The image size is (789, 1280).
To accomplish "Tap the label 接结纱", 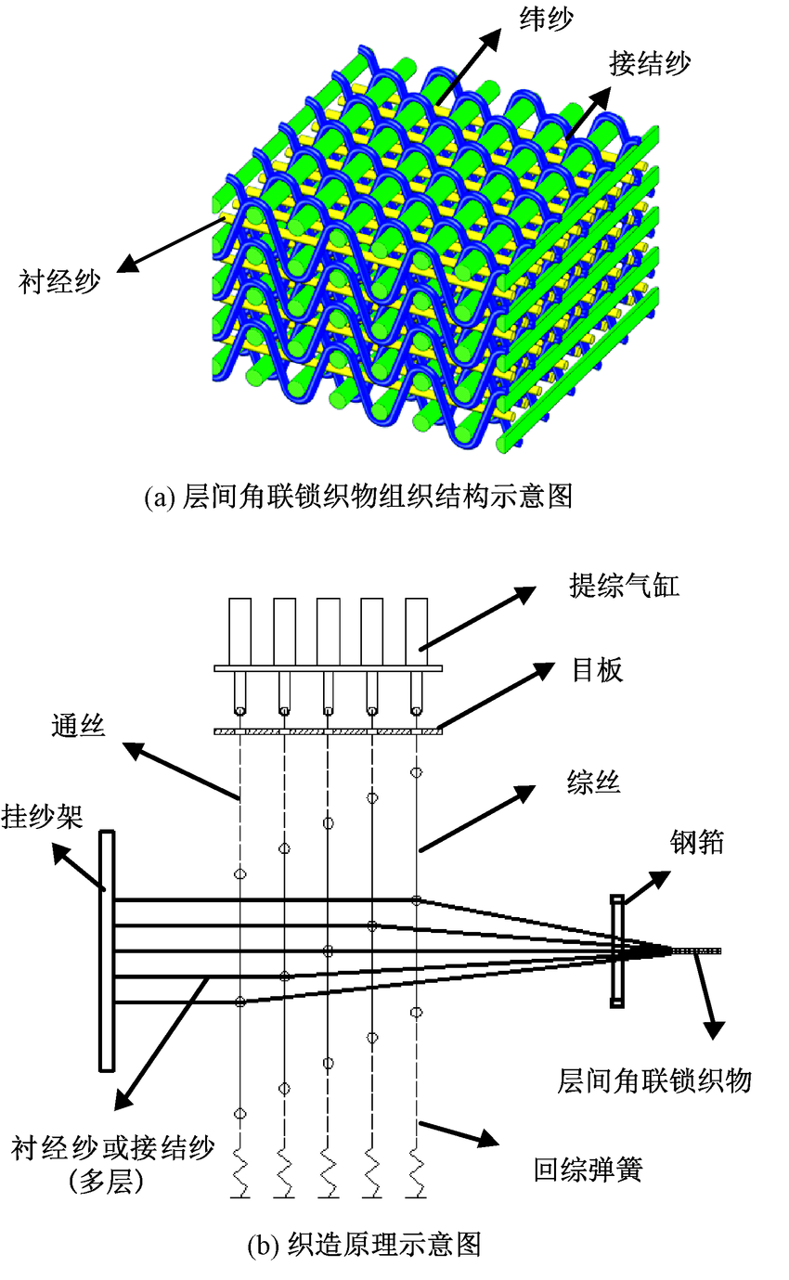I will point(650,64).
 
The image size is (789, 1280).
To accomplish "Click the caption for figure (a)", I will point(358,497).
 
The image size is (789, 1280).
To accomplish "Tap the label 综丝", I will point(593,785).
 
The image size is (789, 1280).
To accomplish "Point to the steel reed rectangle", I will point(616,950).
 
